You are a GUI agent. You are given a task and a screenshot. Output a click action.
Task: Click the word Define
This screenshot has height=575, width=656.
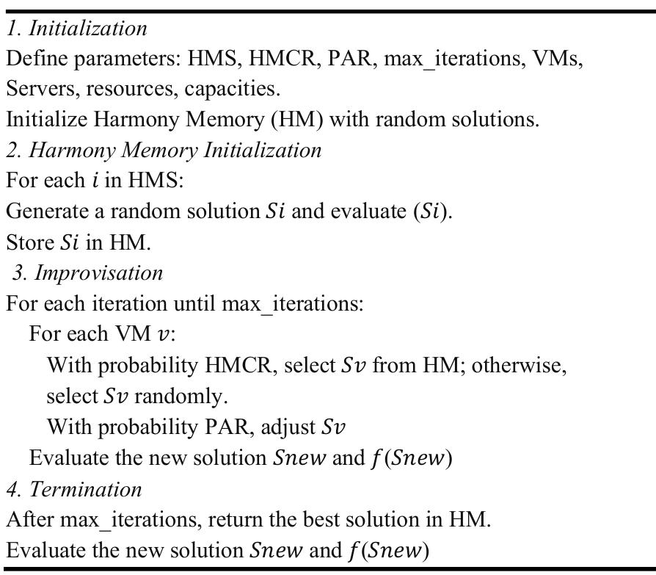point(37,58)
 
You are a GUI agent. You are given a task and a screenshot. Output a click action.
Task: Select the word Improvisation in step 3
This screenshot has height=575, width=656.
point(99,272)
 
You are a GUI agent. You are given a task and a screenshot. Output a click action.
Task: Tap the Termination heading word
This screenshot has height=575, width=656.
point(86,489)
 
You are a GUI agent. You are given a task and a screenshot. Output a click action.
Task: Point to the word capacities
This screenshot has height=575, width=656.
point(232,89)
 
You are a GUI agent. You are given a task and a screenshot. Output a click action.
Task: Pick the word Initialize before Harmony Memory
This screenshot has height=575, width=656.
point(46,119)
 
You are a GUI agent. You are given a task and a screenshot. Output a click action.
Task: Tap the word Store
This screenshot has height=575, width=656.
point(29,242)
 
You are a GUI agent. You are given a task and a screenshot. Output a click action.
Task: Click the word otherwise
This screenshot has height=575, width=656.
point(519,365)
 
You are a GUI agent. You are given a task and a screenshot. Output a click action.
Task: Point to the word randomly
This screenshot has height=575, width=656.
point(181,396)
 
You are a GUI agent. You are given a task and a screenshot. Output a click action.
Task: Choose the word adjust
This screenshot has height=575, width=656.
point(288,427)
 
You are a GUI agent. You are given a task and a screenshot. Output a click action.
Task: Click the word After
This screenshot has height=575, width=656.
point(30,519)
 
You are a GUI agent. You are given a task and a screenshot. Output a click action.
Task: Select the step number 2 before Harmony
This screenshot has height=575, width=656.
point(11,150)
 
